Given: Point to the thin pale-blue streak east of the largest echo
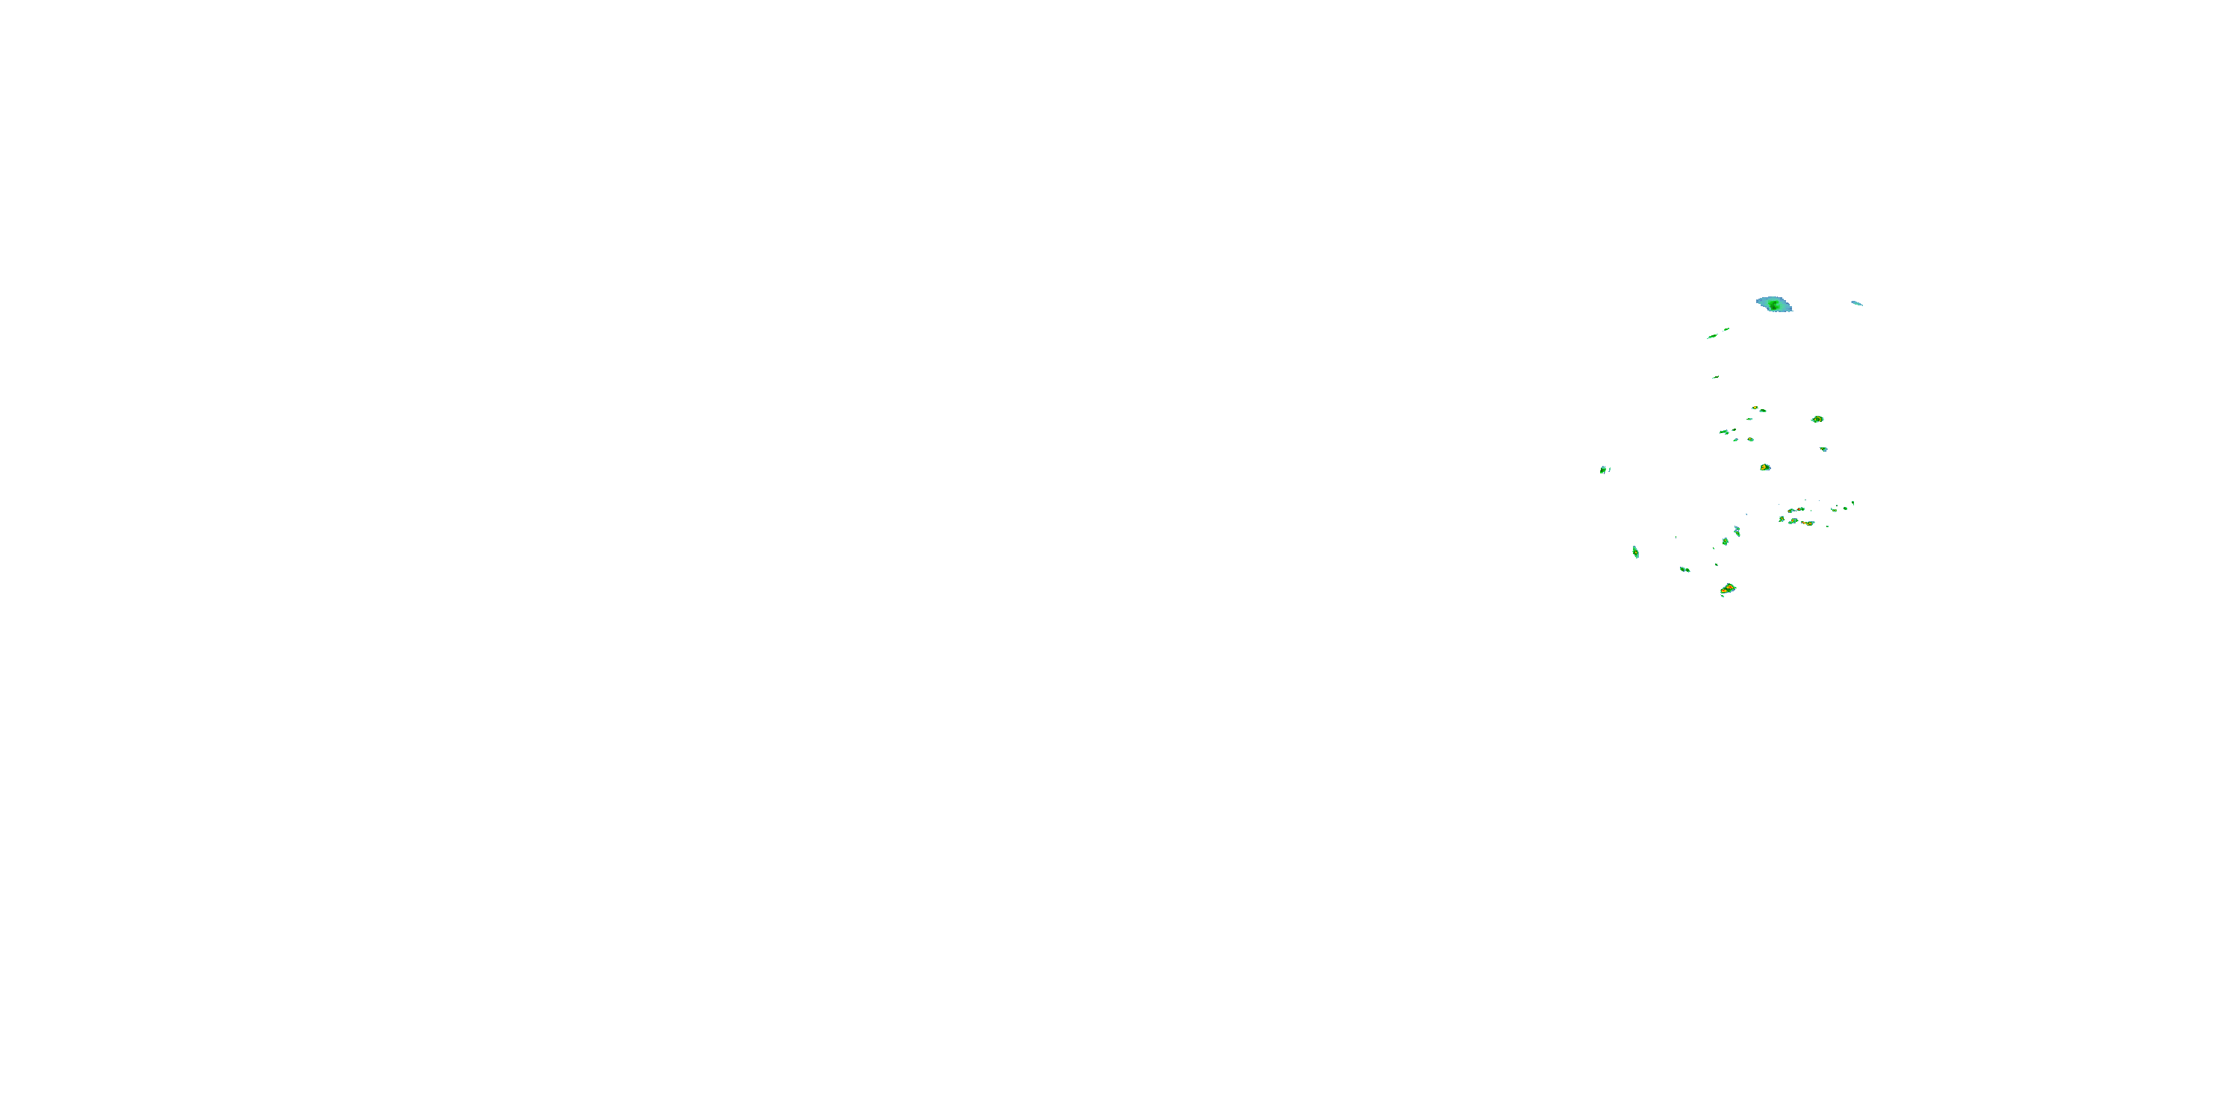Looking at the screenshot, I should click(1856, 302).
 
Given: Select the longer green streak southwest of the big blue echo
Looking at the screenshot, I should click(1712, 337).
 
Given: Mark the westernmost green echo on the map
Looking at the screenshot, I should click(1602, 470).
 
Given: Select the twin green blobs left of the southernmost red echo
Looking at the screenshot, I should click(1684, 570).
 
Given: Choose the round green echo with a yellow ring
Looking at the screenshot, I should click(1817, 419).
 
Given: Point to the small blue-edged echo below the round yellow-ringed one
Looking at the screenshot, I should click(1823, 449).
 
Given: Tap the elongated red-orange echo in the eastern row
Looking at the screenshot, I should click(1808, 523).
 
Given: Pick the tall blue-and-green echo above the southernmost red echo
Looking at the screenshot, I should click(1737, 530).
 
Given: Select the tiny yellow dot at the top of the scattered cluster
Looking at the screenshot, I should click(1755, 408).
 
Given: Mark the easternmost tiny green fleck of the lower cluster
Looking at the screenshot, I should click(1853, 503).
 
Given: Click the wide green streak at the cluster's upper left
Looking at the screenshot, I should click(1723, 432).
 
